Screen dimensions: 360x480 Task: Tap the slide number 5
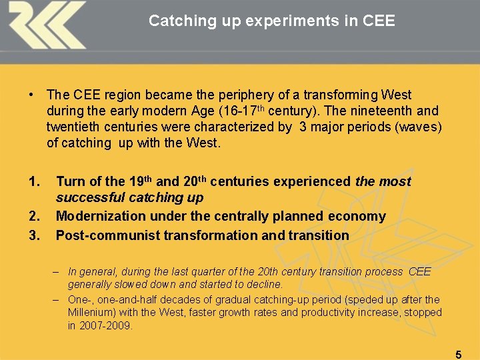[x=458, y=355]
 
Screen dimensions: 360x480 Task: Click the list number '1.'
[x=35, y=181]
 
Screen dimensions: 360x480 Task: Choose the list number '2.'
[x=35, y=217]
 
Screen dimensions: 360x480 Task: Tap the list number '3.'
[x=35, y=235]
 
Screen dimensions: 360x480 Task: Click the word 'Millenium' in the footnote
[x=91, y=313]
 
